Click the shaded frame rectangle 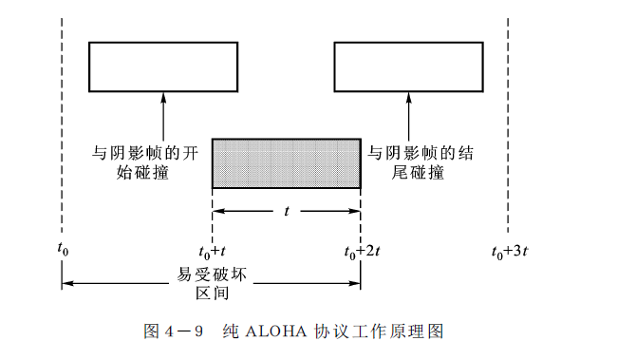286,163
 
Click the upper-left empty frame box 162,66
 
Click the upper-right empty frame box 408,66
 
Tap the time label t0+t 212,252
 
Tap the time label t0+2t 362,252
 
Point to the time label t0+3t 512,252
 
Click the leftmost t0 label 63,252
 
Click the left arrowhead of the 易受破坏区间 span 66,282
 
